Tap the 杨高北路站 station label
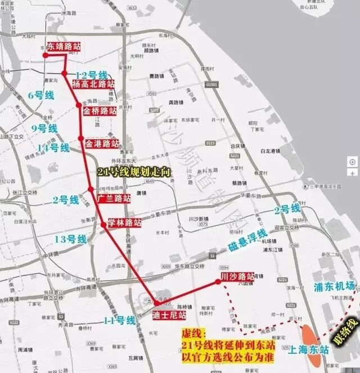pos(93,84)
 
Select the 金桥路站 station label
pos(100,111)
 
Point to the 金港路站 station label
pos(102,143)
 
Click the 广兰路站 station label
pos(114,198)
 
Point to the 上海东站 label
pos(308,349)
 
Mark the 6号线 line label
pos(41,96)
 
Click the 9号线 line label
pos(44,128)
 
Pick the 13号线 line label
pos(71,240)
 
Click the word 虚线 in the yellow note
pos(192,333)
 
